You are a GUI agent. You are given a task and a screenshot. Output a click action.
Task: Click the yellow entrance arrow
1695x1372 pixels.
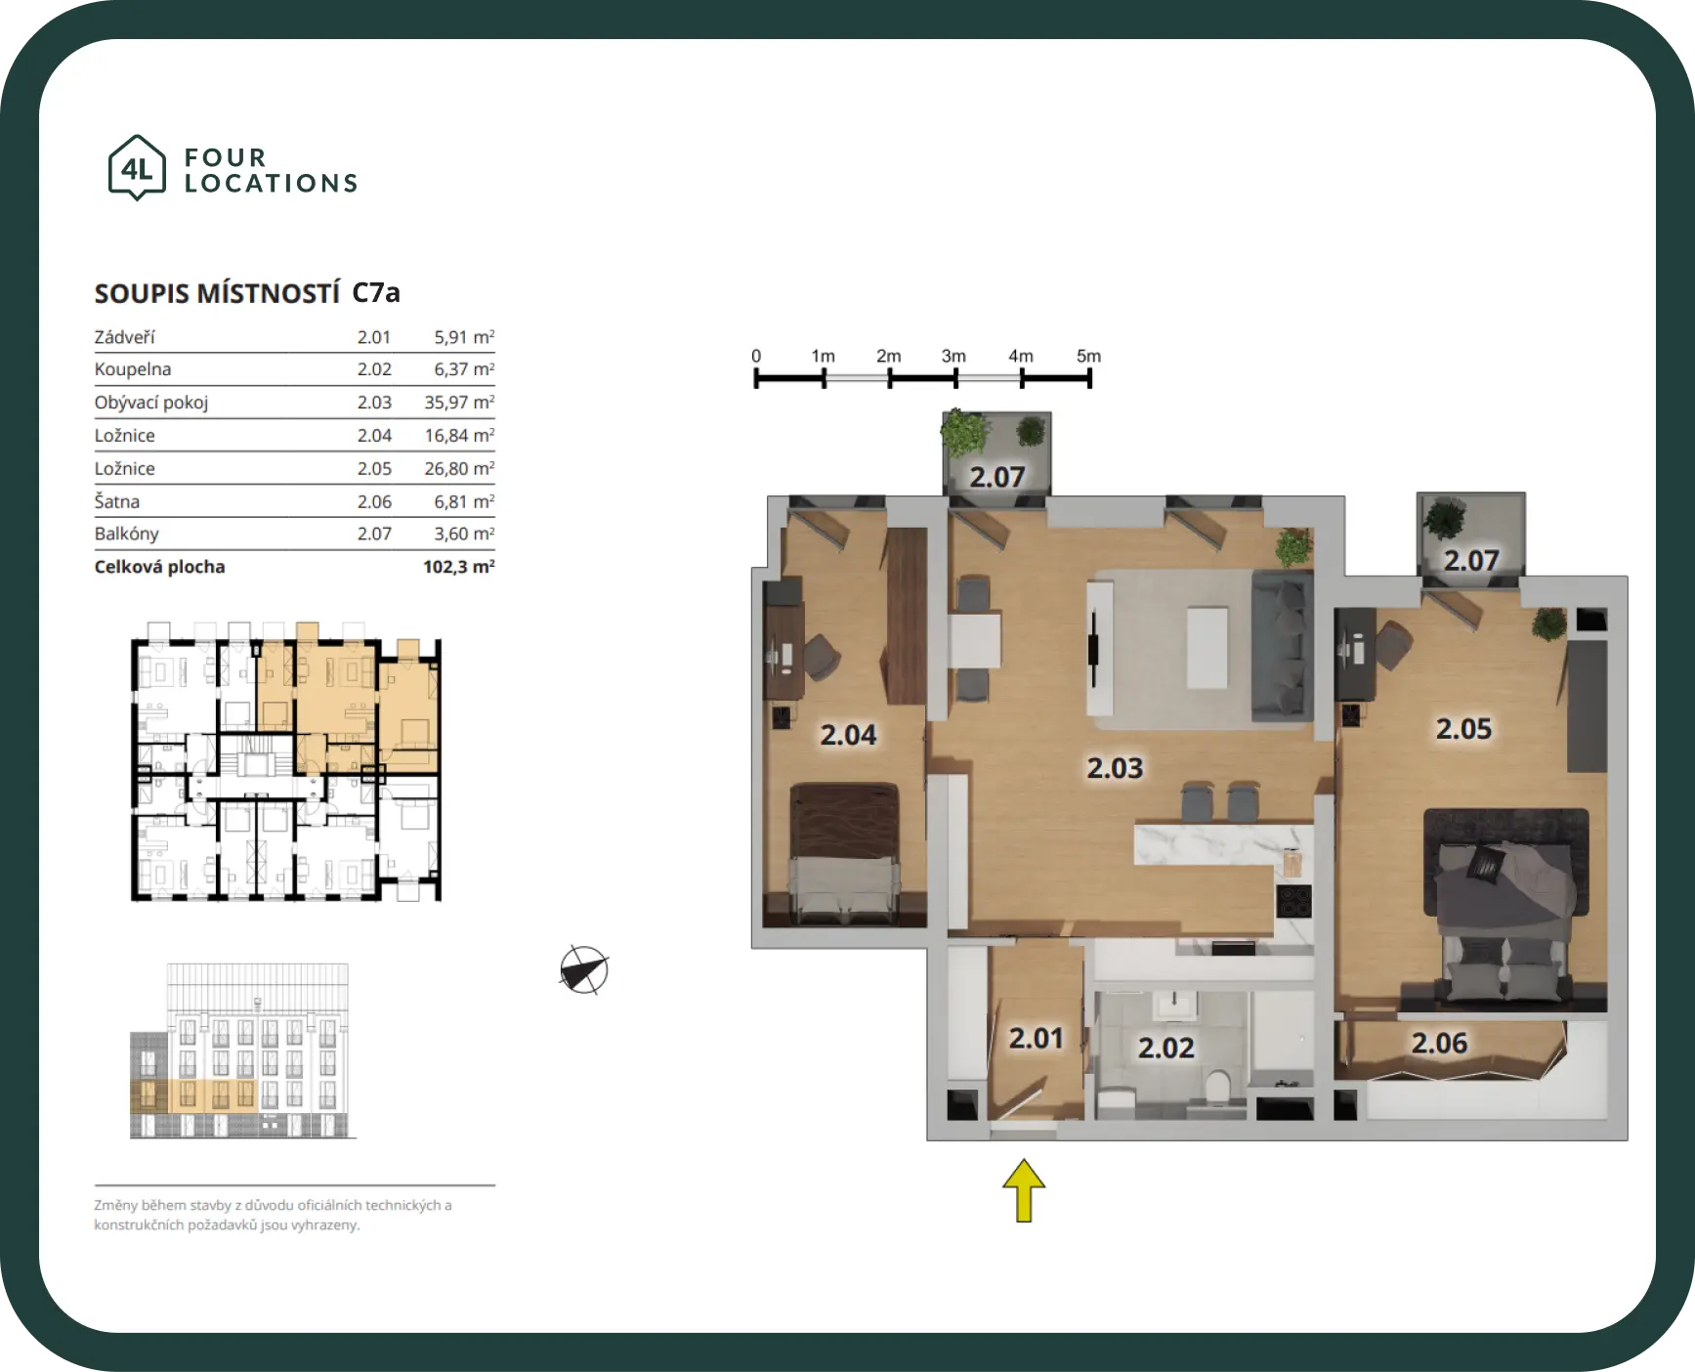pos(1024,1190)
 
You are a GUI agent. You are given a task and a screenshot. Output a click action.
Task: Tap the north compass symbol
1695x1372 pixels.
pos(584,970)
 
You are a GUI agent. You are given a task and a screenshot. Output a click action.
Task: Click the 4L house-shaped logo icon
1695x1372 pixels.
pos(137,168)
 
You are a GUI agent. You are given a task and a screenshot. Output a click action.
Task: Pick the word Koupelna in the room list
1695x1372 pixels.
pos(133,369)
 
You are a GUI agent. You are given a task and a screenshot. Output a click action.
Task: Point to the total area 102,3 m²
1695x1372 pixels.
pos(459,567)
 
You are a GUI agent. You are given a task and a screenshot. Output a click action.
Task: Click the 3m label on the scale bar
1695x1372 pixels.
pos(953,356)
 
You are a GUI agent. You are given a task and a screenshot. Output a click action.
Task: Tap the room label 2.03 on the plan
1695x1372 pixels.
pos(1115,768)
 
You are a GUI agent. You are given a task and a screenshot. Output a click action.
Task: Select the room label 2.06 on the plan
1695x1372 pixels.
pos(1439,1043)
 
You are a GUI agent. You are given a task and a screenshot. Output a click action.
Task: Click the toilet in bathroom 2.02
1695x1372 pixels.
pos(1218,1090)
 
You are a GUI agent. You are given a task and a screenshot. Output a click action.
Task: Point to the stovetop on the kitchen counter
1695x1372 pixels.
pos(1293,900)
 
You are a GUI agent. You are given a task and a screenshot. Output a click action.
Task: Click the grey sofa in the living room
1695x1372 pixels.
pos(1281,646)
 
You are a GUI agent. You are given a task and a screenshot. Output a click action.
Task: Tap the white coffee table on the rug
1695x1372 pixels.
pos(1208,647)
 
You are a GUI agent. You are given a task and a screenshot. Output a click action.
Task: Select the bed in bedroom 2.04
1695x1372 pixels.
pos(844,853)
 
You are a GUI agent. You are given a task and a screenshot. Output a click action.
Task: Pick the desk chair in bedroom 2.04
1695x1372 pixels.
pos(820,655)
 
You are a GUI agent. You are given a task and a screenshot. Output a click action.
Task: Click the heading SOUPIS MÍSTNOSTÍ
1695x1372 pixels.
pos(217,293)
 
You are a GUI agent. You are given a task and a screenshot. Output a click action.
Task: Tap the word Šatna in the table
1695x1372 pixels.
pos(117,501)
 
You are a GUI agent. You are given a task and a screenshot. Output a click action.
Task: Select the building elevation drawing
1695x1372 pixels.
pos(240,1051)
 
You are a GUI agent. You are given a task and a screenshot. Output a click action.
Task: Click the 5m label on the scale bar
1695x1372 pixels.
pos(1088,356)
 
